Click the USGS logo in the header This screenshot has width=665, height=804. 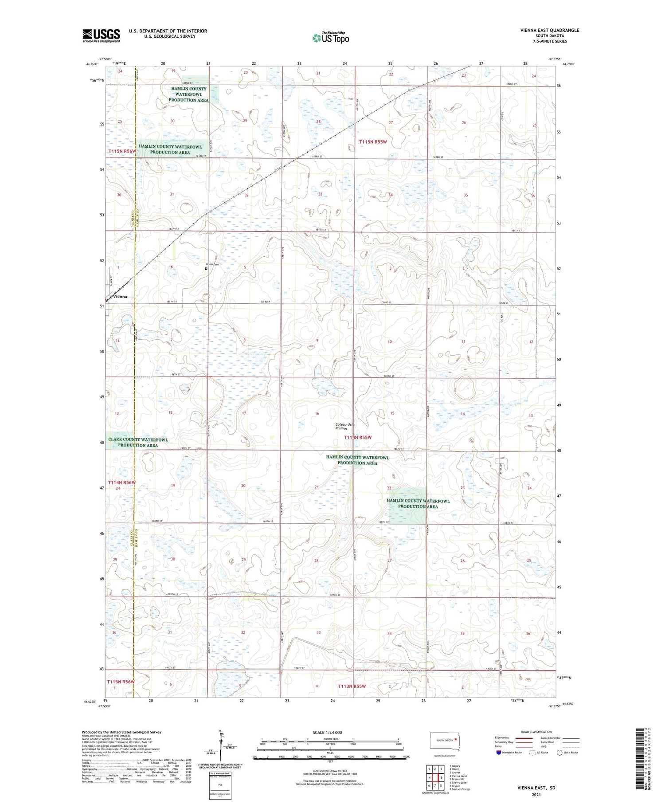click(x=101, y=35)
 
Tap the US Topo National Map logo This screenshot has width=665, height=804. click(x=331, y=38)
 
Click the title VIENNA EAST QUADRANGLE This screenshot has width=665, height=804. click(x=549, y=30)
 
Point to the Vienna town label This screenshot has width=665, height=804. click(x=120, y=297)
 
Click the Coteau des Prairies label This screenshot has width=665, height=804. click(x=344, y=426)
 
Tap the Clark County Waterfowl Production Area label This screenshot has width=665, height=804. click(x=138, y=442)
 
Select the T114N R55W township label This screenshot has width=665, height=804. click(x=358, y=437)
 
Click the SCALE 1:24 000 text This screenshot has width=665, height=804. click(x=327, y=732)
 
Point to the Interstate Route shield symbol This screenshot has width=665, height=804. click(x=499, y=753)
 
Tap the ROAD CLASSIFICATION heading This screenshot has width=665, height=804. click(x=536, y=732)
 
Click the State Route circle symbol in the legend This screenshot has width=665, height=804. click(x=559, y=753)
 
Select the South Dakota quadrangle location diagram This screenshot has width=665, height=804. click(x=445, y=741)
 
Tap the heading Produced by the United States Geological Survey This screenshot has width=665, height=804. click(x=121, y=732)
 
